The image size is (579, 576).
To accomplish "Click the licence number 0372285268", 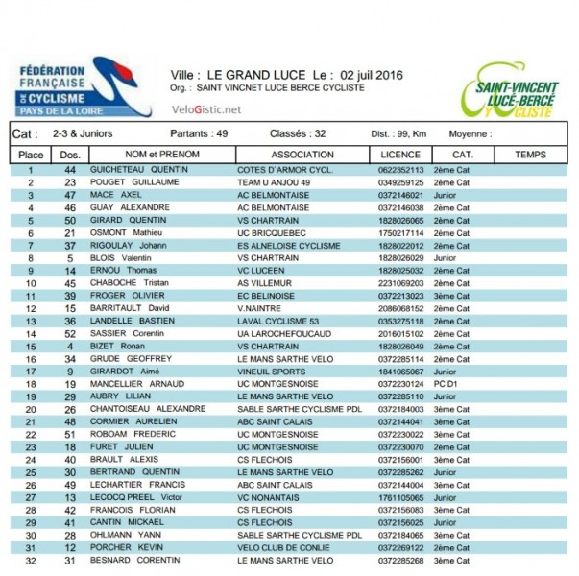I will click(x=401, y=560).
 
